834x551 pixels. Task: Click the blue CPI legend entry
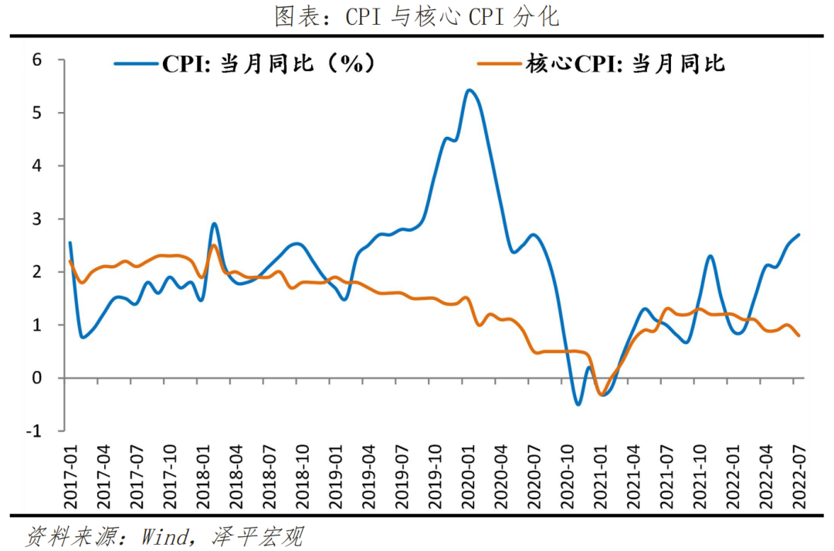click(x=247, y=63)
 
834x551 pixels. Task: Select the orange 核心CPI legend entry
click(x=602, y=63)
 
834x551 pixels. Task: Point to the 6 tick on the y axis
click(x=36, y=60)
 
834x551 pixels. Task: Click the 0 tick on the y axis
click(x=36, y=378)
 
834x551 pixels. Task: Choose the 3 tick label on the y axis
click(x=36, y=219)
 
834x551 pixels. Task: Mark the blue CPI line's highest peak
click(x=470, y=90)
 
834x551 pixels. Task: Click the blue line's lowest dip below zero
click(x=578, y=404)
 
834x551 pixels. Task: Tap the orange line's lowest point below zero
click(x=601, y=395)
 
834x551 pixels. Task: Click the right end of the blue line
click(x=798, y=234)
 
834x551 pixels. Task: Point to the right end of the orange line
click(x=798, y=335)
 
